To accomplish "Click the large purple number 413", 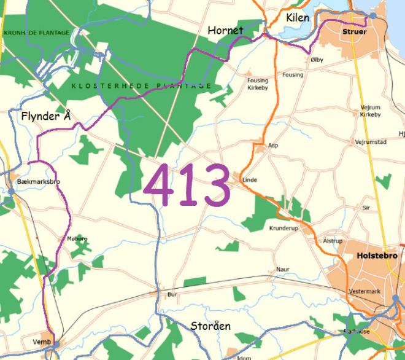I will pyautogui.click(x=187, y=185).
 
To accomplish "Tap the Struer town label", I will pyautogui.click(x=355, y=31).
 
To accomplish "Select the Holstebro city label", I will pyautogui.click(x=377, y=256).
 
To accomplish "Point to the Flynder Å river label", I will pyautogui.click(x=46, y=116).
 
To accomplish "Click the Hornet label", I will pyautogui.click(x=225, y=30).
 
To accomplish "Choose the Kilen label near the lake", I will pyautogui.click(x=298, y=18).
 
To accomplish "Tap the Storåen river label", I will pyautogui.click(x=210, y=326).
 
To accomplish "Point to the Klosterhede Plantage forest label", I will pyautogui.click(x=141, y=86).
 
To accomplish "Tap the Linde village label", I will pyautogui.click(x=250, y=180).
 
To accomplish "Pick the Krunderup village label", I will pyautogui.click(x=283, y=228).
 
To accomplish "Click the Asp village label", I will pyautogui.click(x=273, y=146).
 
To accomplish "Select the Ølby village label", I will pyautogui.click(x=317, y=60).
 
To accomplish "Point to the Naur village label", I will pyautogui.click(x=282, y=269).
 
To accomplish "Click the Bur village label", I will pyautogui.click(x=172, y=295).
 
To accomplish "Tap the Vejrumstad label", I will pyautogui.click(x=371, y=142).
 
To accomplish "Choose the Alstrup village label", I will pyautogui.click(x=333, y=241).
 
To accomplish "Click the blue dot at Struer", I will pyautogui.click(x=373, y=15).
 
